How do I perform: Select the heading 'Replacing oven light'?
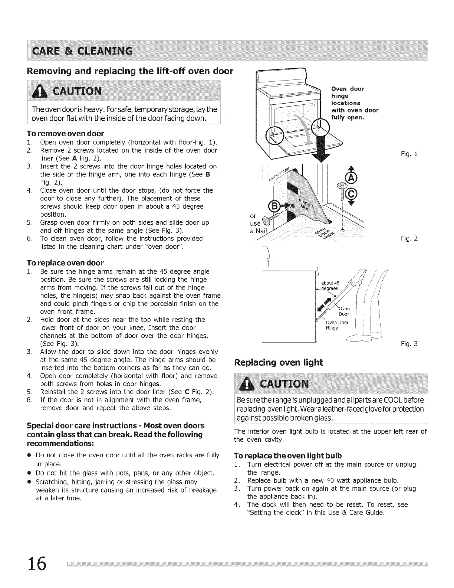pos(279,363)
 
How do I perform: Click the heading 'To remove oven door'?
pos(65,133)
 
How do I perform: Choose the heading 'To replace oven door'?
pos(65,263)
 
